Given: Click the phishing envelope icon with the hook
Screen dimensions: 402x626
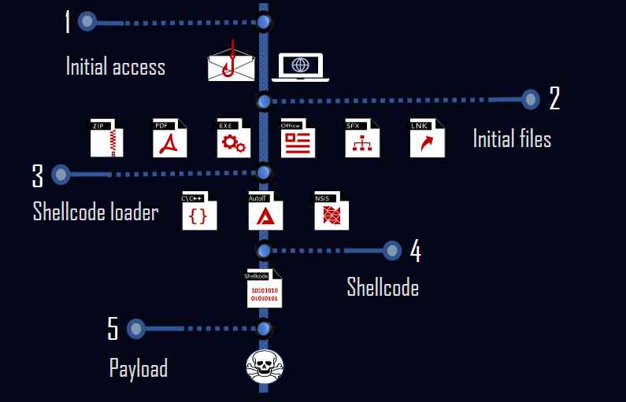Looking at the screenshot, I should point(232,64).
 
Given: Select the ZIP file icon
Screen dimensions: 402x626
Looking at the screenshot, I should point(106,138).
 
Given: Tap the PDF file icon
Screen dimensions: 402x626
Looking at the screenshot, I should point(169,138).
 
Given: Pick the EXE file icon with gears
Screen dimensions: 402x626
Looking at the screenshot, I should point(233,138).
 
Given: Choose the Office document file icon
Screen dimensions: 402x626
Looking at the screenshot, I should point(298,138).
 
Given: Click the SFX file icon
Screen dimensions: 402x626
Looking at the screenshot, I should point(362,138).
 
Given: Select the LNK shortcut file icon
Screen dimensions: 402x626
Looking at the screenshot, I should point(427,138).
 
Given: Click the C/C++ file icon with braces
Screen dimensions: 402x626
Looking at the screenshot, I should point(198,211).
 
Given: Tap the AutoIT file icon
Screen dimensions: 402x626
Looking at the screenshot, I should point(265,211).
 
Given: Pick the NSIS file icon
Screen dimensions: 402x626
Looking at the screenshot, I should point(331,211).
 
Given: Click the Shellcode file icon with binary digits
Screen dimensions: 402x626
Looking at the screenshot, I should point(264,290).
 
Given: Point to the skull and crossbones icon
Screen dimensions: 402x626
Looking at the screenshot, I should point(265,367).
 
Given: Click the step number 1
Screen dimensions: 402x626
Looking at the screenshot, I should point(68,21).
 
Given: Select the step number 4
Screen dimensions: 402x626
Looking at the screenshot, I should point(415,251).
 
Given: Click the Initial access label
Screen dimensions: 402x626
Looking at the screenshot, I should point(116,66).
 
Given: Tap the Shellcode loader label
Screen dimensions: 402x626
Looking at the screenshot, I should point(95,212).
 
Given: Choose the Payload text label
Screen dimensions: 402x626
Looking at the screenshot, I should point(139,367).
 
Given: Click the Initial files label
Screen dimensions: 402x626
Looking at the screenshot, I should point(512,139).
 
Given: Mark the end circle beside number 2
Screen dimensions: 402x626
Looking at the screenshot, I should point(531,99).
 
